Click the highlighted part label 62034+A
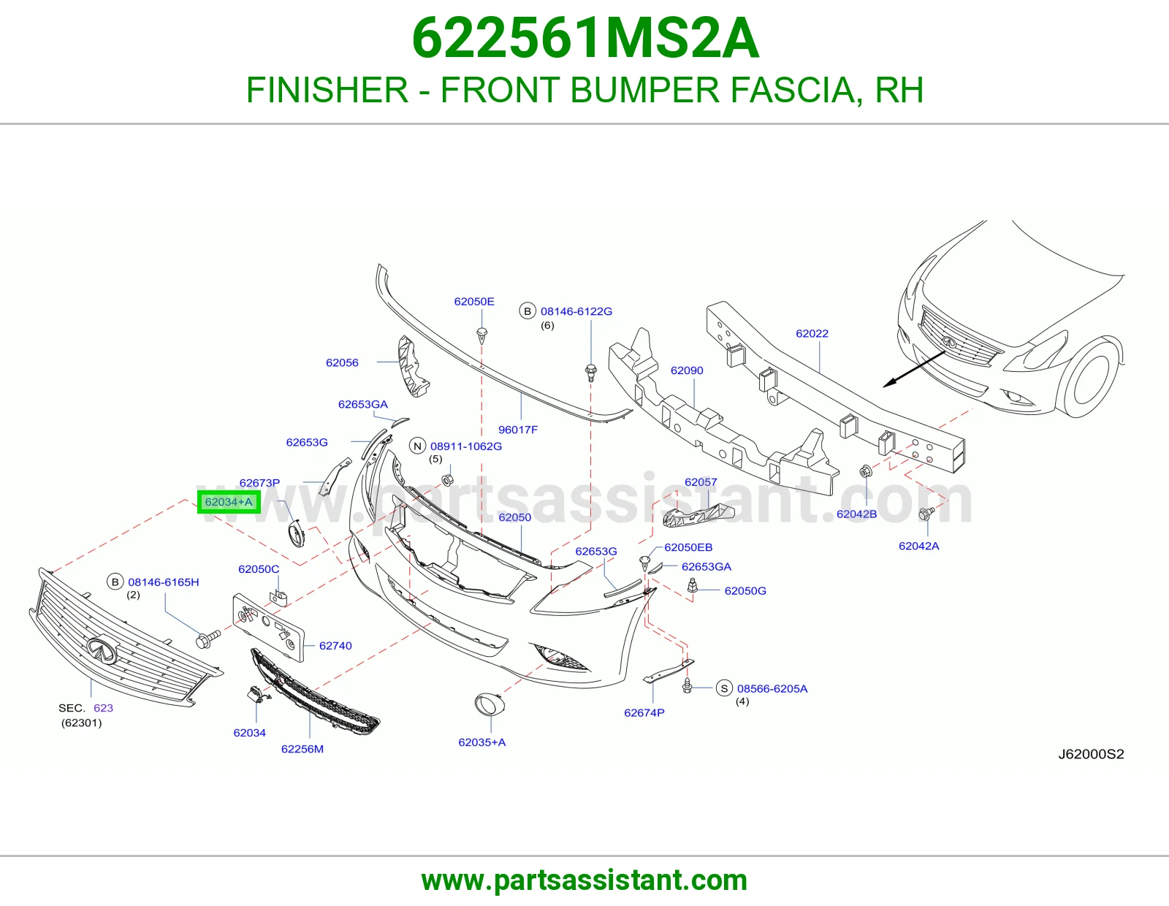[229, 502]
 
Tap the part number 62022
[812, 334]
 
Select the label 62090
[687, 370]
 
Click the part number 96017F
[517, 430]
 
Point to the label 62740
[335, 646]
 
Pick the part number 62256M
[302, 749]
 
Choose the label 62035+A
[482, 742]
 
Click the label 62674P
[644, 713]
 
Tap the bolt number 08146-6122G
[576, 311]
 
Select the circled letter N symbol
[417, 446]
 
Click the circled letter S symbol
[724, 688]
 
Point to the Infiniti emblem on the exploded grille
[102, 650]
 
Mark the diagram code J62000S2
[1091, 754]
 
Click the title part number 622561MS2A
[585, 39]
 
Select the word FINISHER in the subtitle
[327, 90]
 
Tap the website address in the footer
[584, 880]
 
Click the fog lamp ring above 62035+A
[490, 705]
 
